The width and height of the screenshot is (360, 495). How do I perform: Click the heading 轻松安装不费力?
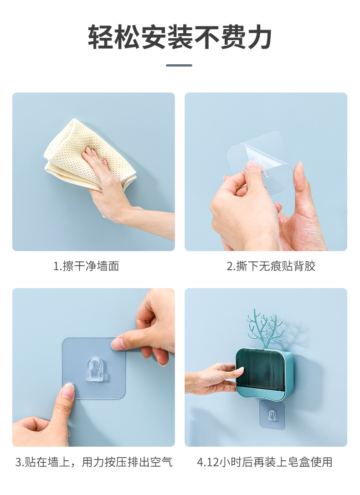tap(180, 37)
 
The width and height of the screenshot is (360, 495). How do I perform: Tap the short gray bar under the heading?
tap(179, 65)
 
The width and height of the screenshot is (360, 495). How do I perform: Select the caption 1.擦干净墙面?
tap(86, 266)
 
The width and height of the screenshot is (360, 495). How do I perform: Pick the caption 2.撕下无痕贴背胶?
tap(271, 266)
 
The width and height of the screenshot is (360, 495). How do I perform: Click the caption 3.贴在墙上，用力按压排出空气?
tap(94, 462)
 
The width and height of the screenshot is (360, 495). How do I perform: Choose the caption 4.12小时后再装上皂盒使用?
tap(265, 462)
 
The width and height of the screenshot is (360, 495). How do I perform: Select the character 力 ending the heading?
tap(259, 37)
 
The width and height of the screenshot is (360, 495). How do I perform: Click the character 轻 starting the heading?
tap(100, 37)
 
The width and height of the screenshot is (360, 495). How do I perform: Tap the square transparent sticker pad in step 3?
tap(94, 368)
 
